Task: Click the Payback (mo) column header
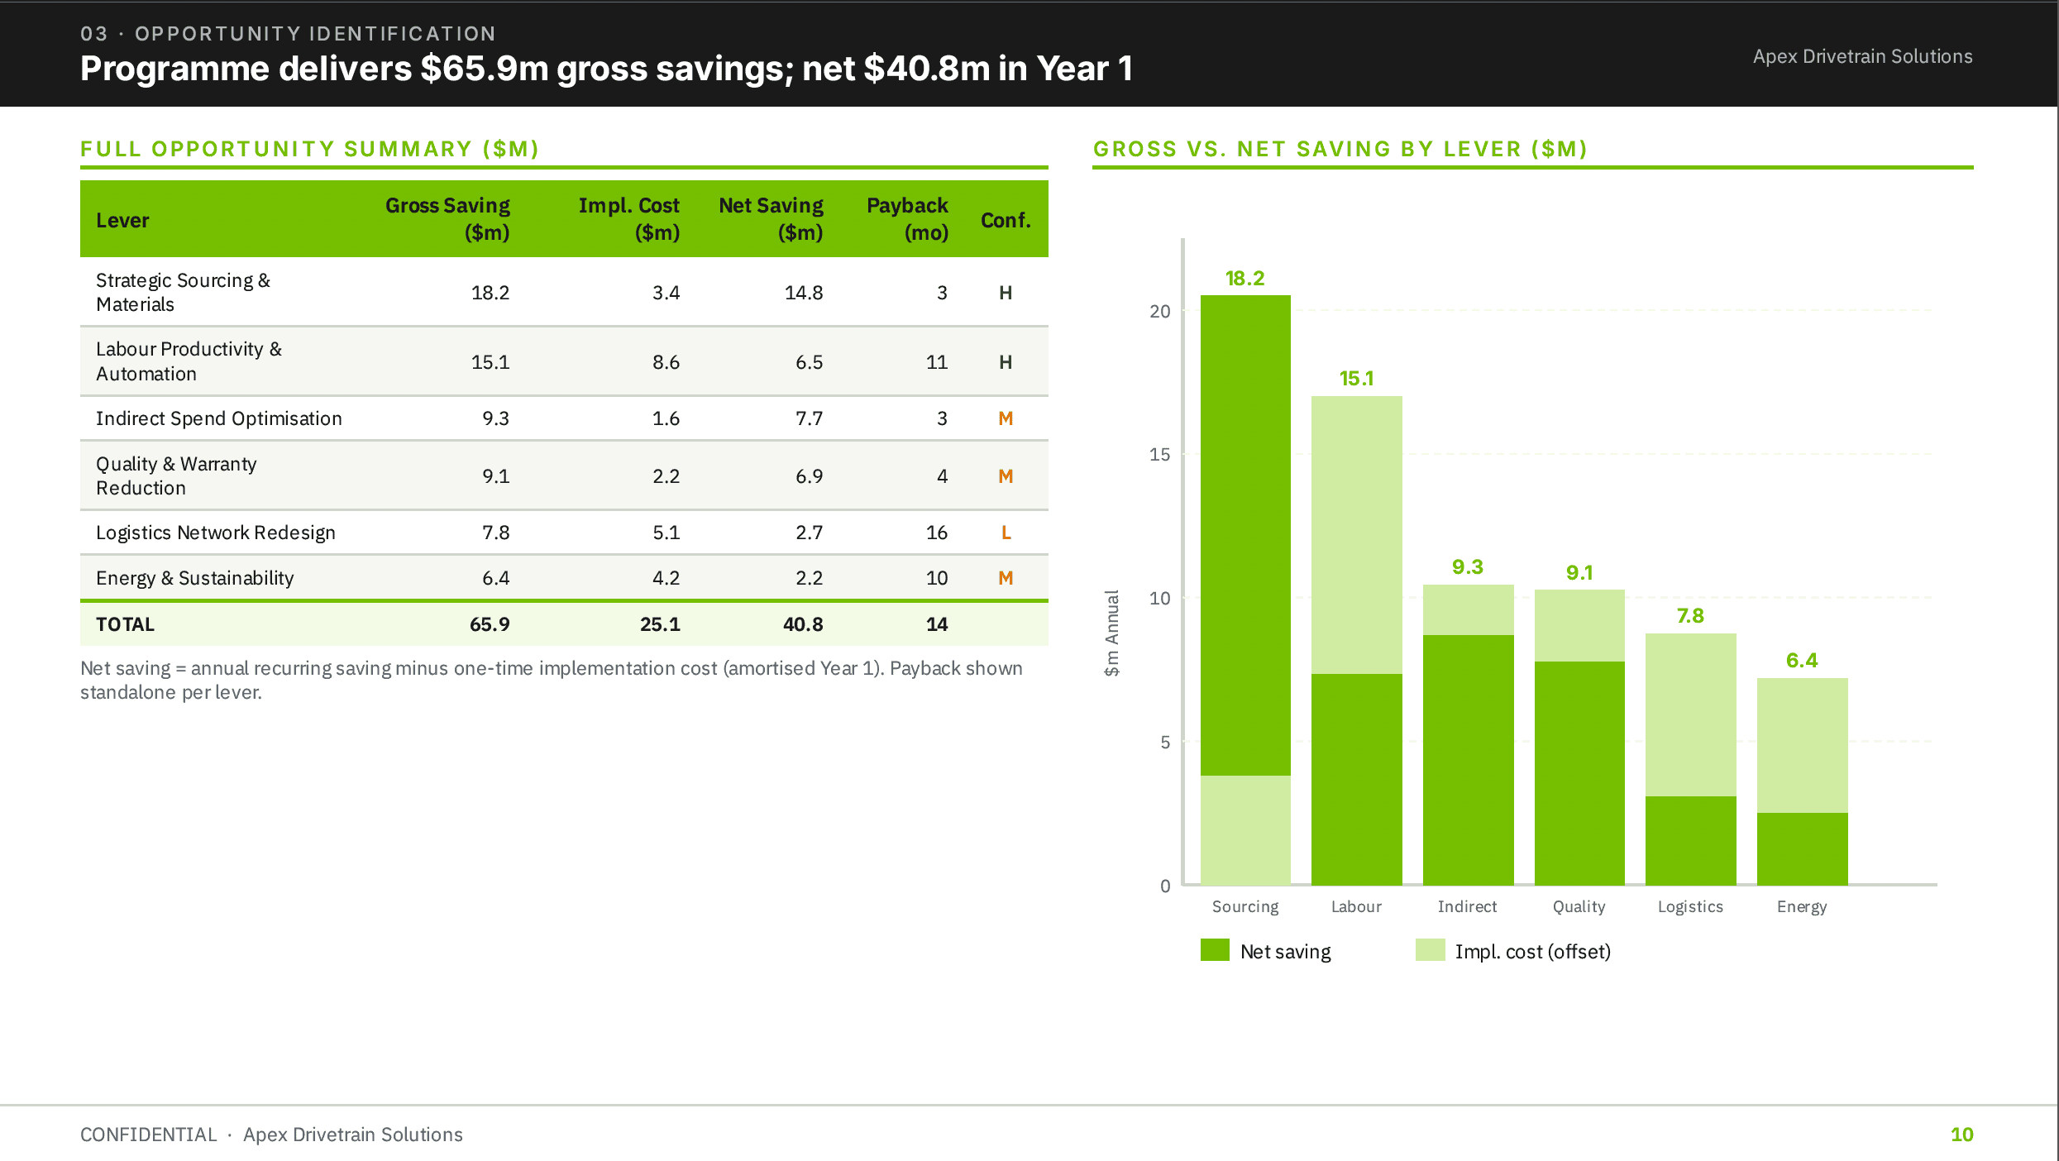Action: click(906, 219)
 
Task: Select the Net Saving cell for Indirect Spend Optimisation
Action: click(809, 418)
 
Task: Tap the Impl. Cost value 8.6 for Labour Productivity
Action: click(666, 362)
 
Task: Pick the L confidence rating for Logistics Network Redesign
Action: click(1006, 533)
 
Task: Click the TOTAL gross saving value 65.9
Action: click(490, 624)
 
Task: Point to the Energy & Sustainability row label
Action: click(194, 578)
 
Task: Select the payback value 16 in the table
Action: click(936, 533)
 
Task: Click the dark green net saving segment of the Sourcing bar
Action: click(1245, 535)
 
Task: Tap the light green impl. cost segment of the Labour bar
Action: click(1356, 535)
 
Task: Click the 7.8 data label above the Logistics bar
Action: click(1690, 616)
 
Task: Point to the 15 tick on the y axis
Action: click(1159, 455)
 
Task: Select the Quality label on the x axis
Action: click(1579, 906)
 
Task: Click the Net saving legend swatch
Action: click(1215, 950)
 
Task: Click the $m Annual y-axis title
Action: click(1112, 633)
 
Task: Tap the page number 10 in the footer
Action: click(1961, 1135)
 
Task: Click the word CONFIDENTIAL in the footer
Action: click(148, 1135)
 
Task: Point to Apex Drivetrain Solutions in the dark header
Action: click(1862, 56)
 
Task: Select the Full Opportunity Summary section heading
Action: click(309, 149)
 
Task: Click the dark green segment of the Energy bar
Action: click(1802, 848)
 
